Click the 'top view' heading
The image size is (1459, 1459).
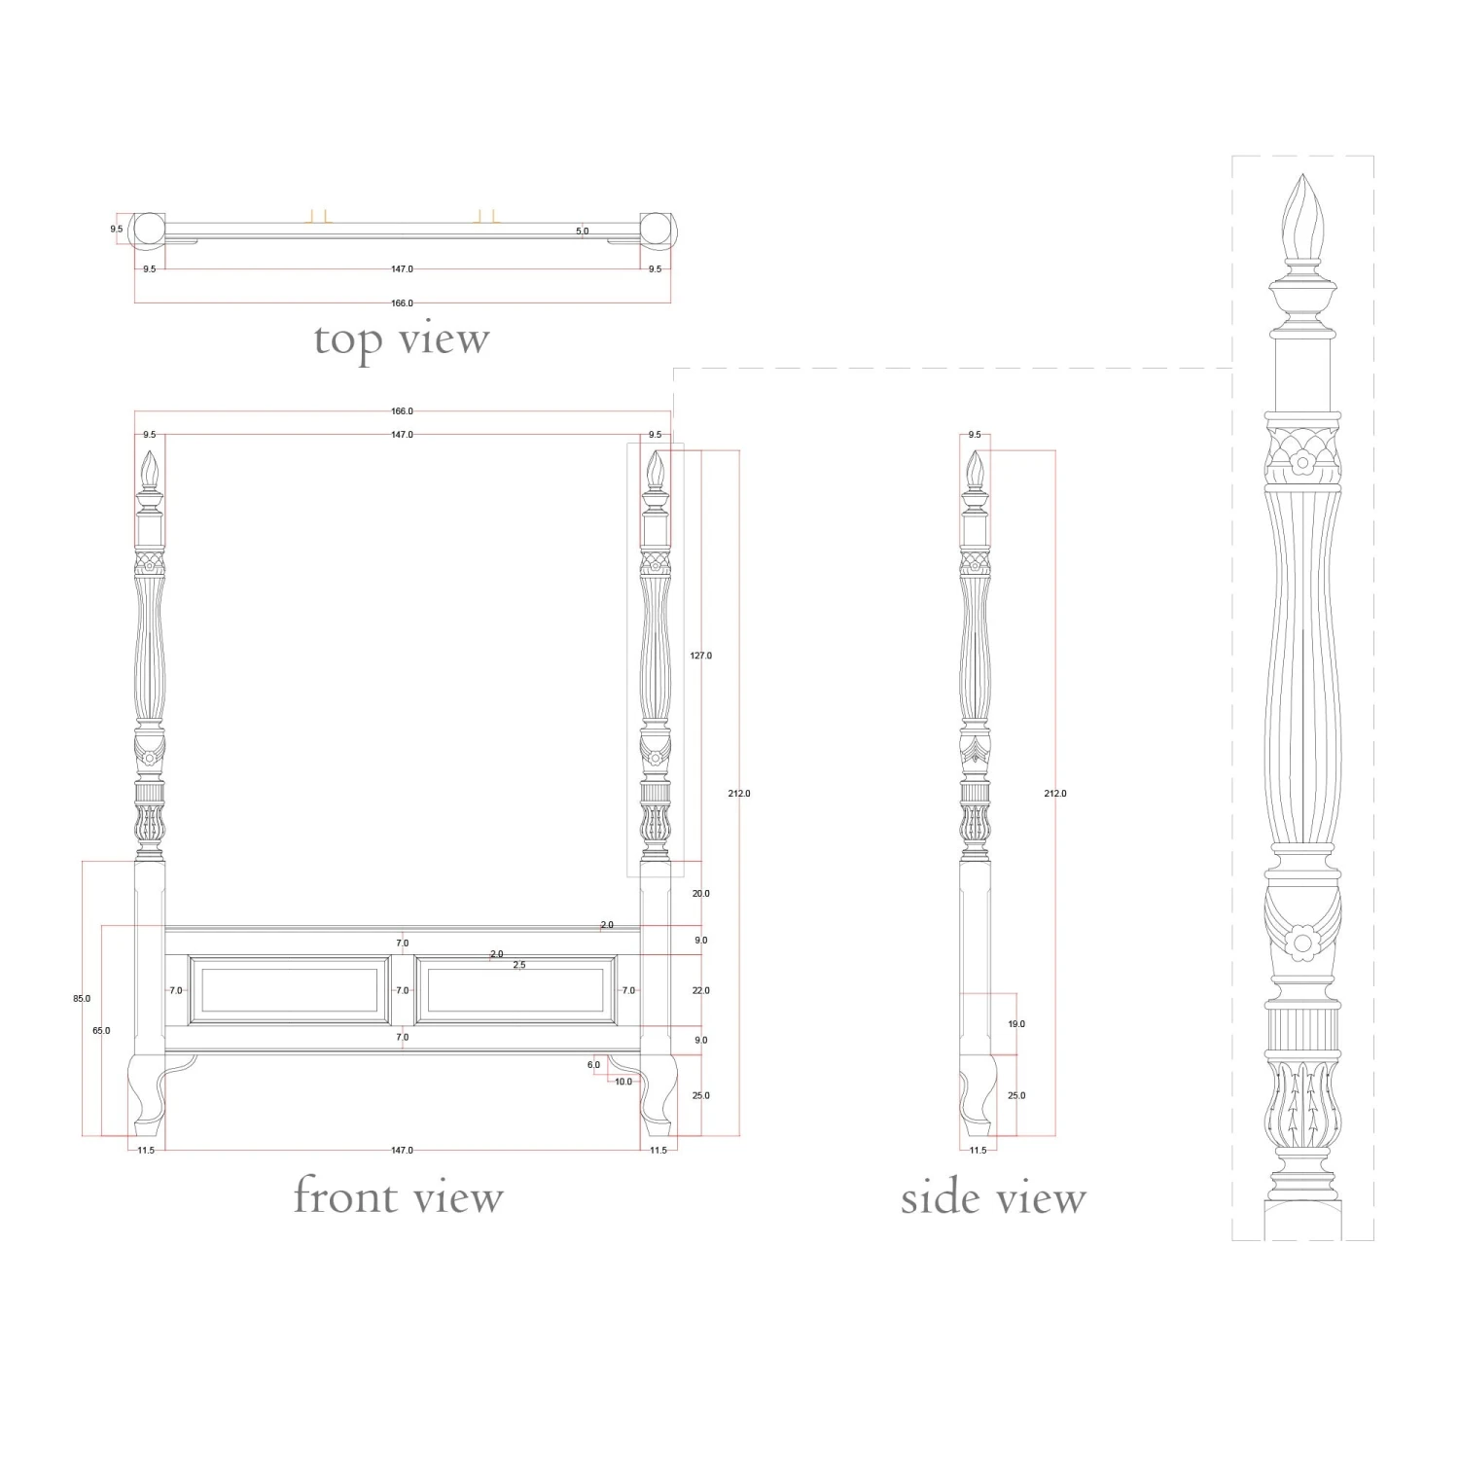coord(402,339)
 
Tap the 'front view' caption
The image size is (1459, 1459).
coord(399,1195)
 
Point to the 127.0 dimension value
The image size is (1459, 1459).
coord(700,656)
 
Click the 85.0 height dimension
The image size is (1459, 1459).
coord(82,998)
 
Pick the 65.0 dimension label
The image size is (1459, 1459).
coord(101,1030)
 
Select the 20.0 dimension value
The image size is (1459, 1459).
coord(700,893)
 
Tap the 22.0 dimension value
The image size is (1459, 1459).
coord(700,990)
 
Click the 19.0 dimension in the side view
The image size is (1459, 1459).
coord(1016,1024)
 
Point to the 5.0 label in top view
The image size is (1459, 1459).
coord(582,231)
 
